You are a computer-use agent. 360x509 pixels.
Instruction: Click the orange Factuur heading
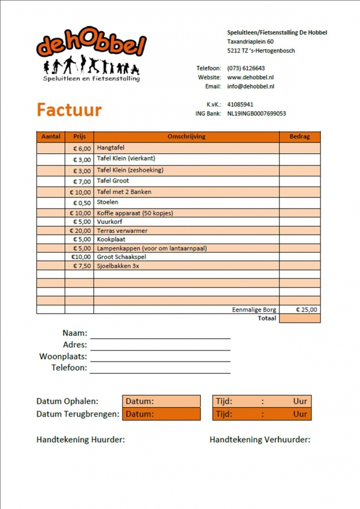[69, 110]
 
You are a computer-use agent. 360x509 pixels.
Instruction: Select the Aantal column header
[50, 137]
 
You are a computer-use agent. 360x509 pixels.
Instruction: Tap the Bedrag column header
[299, 137]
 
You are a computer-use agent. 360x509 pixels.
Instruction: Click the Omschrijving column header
[186, 137]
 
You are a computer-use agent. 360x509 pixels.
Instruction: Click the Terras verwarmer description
[122, 231]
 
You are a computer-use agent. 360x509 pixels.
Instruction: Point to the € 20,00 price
[80, 231]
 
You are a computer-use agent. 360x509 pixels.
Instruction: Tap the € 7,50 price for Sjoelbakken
[81, 266]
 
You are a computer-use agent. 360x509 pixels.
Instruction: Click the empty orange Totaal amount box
[299, 318]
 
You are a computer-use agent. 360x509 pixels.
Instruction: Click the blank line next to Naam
[160, 334]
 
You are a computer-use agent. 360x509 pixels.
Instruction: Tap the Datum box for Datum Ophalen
[161, 401]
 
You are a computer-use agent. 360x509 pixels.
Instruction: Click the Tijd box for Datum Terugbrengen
[262, 414]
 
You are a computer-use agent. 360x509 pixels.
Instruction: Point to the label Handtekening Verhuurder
[260, 440]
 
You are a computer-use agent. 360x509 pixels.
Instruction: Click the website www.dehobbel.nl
[250, 77]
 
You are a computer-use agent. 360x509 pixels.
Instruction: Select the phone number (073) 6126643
[246, 68]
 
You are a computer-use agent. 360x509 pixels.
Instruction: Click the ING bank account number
[256, 114]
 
